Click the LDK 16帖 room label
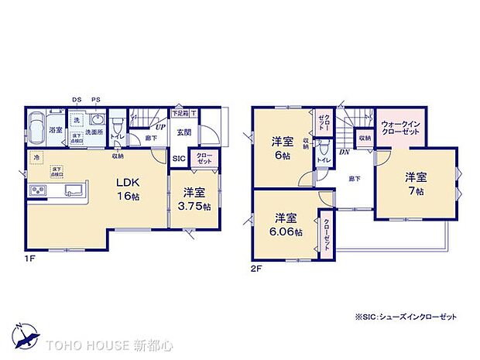(x=128, y=188)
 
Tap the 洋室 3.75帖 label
(x=194, y=198)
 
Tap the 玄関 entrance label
(x=183, y=132)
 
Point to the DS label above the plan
(x=77, y=100)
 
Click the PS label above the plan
(x=95, y=100)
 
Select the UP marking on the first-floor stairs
(x=160, y=129)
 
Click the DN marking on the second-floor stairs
(x=344, y=153)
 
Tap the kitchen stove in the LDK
(x=36, y=191)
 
